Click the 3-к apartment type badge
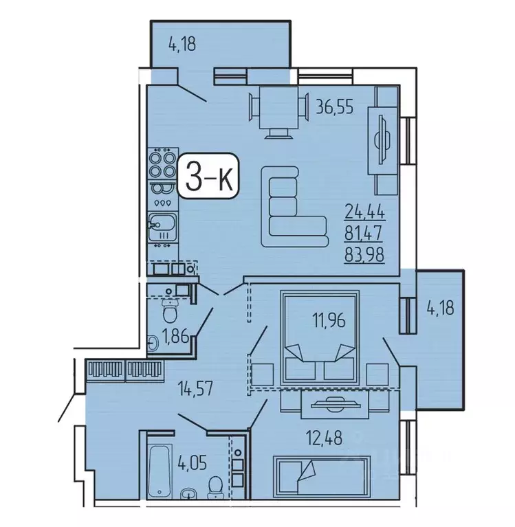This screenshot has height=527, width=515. (208, 178)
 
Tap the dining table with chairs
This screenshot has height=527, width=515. (278, 109)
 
